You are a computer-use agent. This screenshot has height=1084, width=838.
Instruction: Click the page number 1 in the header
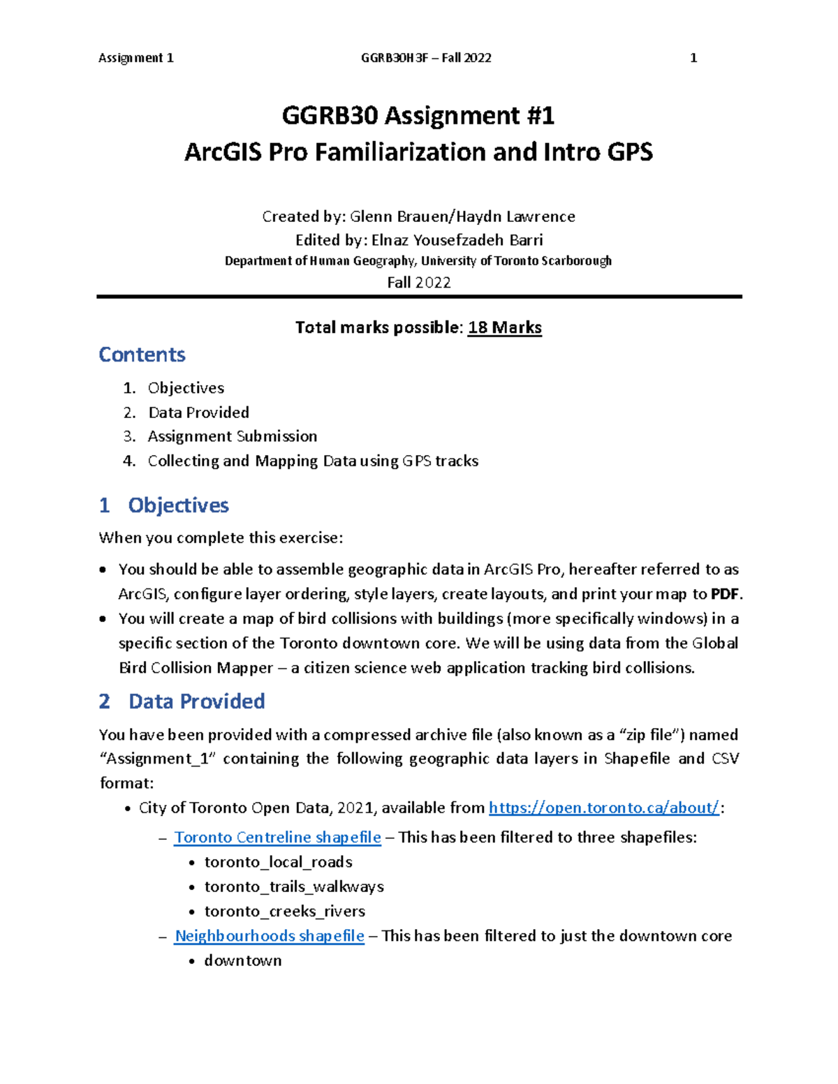point(693,58)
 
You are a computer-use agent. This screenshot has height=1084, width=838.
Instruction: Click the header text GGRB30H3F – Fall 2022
point(426,58)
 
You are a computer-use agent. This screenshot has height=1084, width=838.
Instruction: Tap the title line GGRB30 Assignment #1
point(418,116)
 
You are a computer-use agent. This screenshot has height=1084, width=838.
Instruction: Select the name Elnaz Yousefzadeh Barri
point(457,240)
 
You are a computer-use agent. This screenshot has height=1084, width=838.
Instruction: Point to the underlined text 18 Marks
point(504,327)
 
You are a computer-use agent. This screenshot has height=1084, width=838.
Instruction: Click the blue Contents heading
point(142,355)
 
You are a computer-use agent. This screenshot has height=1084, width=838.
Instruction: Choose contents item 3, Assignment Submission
point(232,436)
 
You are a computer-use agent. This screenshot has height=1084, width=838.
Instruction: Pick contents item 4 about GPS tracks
point(313,461)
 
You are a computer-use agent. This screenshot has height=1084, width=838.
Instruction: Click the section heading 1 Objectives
point(164,505)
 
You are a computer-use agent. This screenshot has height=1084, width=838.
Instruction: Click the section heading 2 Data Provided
point(182,701)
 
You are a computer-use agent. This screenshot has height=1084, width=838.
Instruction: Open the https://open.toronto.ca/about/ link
point(603,808)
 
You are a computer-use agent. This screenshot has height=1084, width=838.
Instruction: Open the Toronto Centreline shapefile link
point(277,837)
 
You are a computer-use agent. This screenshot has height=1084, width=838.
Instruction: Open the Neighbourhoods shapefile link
point(269,935)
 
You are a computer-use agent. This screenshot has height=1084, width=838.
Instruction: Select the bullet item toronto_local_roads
point(278,862)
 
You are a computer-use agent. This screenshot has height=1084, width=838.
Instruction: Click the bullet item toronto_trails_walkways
point(294,886)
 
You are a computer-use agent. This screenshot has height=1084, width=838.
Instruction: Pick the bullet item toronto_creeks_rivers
point(284,911)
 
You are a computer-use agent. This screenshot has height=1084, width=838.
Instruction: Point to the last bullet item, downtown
point(242,960)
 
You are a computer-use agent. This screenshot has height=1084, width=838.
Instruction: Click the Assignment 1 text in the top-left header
point(136,58)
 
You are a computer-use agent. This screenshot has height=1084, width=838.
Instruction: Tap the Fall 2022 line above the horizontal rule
point(418,283)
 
